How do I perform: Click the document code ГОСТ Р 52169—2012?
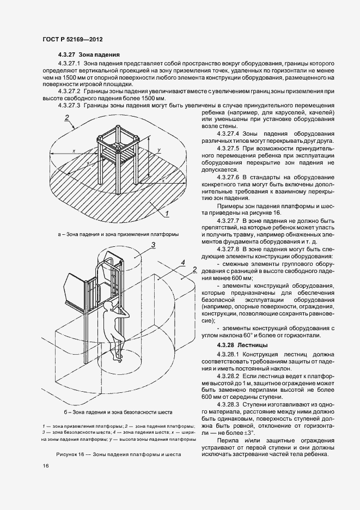click(72, 40)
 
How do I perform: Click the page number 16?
click(45, 466)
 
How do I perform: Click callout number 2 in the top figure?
click(67, 117)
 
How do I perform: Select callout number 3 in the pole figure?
click(154, 245)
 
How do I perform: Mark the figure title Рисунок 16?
click(118, 453)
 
